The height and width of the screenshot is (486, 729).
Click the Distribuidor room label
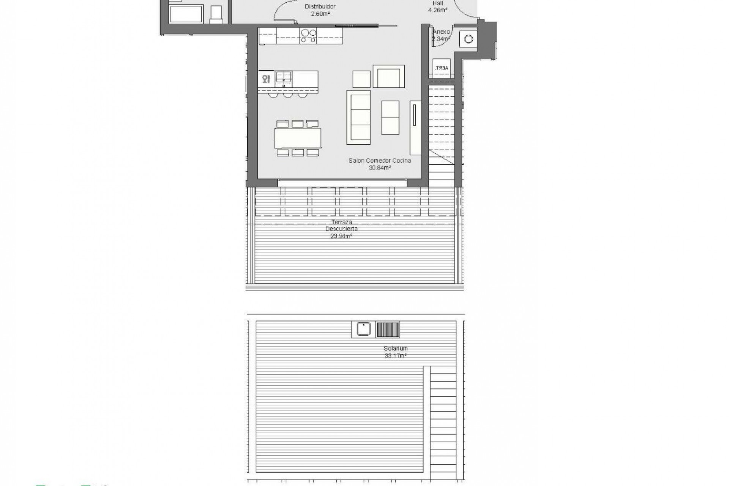point(320,7)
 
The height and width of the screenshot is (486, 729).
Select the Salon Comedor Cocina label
point(380,161)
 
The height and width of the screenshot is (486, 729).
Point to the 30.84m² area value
point(380,167)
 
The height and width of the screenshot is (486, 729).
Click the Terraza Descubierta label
point(341,225)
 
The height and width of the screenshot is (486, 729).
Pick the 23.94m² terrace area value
point(341,236)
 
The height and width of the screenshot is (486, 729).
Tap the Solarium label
point(396,349)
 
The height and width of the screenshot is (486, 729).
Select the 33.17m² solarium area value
point(396,356)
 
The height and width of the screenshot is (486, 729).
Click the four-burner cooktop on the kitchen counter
point(308,36)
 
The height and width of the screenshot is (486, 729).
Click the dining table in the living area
point(298,138)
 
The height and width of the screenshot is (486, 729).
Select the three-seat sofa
point(358,117)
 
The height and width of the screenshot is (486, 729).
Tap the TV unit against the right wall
point(415,128)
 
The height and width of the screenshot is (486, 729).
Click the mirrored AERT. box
point(442,68)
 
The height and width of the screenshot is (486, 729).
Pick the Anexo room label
point(442,32)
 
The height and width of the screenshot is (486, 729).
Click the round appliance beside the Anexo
point(469,39)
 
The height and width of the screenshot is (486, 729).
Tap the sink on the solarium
point(363,329)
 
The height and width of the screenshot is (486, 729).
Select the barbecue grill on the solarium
point(388,329)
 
